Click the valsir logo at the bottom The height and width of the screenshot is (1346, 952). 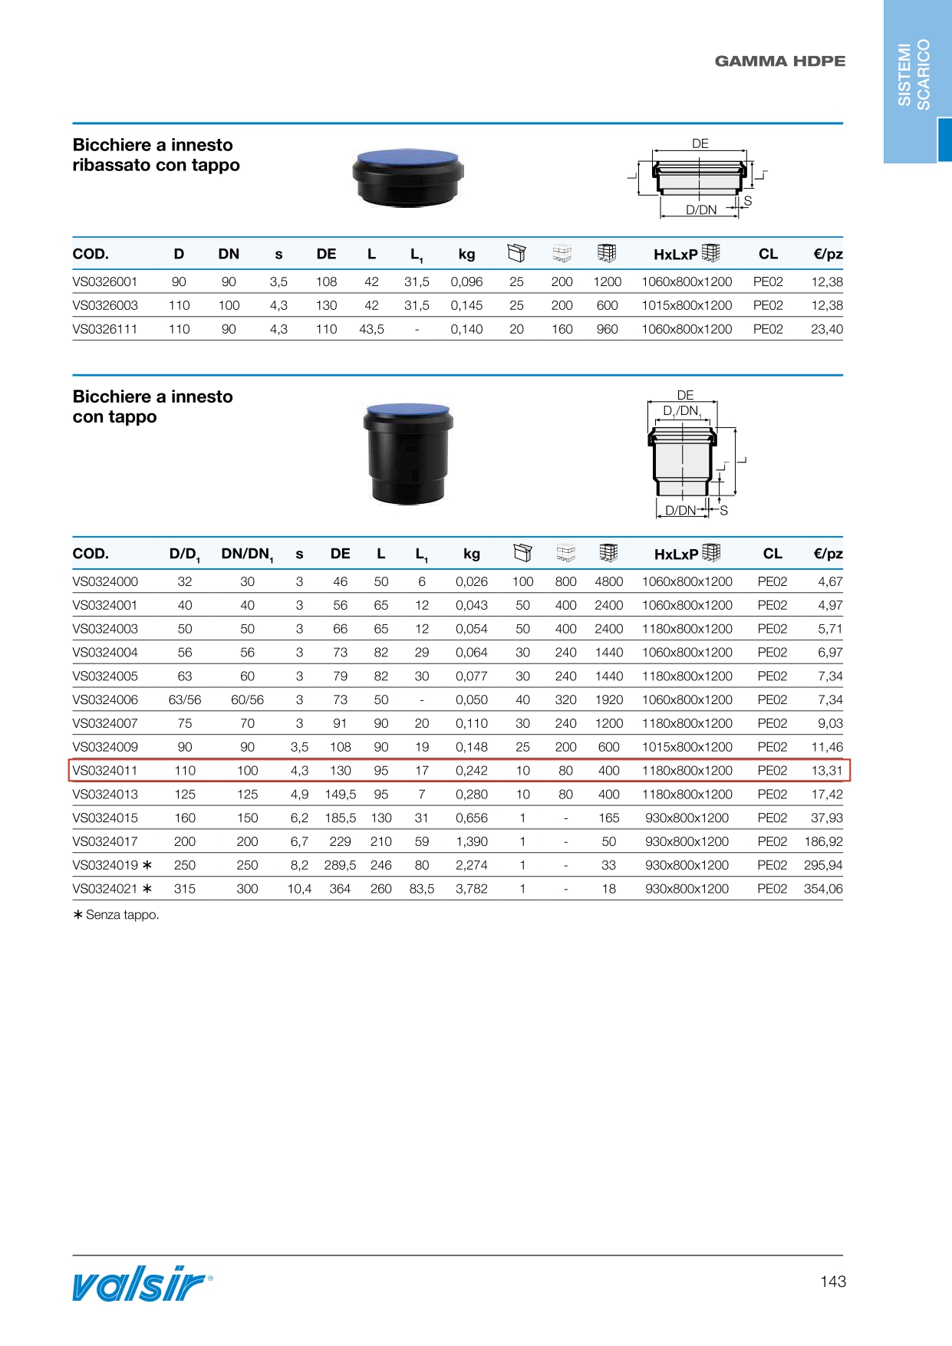click(x=142, y=1284)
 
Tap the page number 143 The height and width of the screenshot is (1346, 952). click(x=832, y=1282)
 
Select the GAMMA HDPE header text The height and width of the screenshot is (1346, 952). click(x=779, y=61)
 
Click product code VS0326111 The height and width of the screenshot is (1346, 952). click(x=105, y=329)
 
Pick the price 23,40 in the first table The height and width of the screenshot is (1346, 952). click(x=826, y=329)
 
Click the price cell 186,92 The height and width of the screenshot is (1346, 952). click(x=822, y=841)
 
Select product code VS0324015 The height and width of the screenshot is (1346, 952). click(x=105, y=818)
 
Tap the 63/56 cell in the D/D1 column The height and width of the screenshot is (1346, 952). click(x=185, y=699)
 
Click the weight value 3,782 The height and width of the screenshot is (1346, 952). click(x=471, y=889)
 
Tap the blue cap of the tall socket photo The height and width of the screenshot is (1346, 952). click(x=407, y=410)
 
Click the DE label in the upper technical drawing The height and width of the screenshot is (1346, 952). click(x=700, y=143)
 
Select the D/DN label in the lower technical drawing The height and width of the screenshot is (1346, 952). click(x=680, y=511)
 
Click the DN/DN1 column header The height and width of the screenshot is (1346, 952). click(x=247, y=554)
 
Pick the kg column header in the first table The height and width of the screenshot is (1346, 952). click(x=466, y=255)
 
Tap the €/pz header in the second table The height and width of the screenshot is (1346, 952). click(x=828, y=554)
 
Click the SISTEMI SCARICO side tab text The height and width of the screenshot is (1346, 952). click(x=914, y=75)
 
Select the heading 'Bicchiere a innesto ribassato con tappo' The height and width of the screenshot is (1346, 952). click(x=156, y=155)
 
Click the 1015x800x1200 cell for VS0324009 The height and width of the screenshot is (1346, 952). click(x=687, y=747)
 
